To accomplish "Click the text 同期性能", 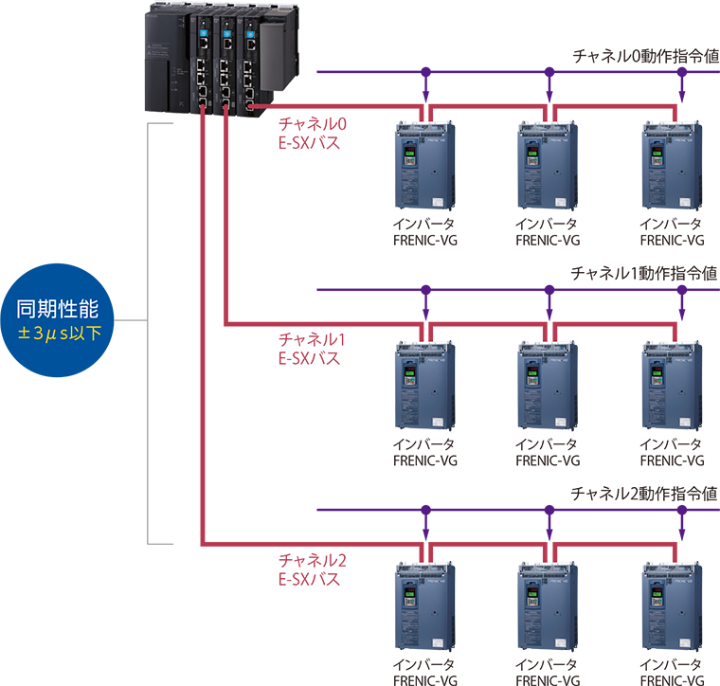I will click(x=58, y=309).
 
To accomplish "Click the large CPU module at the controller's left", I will click(x=168, y=57).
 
